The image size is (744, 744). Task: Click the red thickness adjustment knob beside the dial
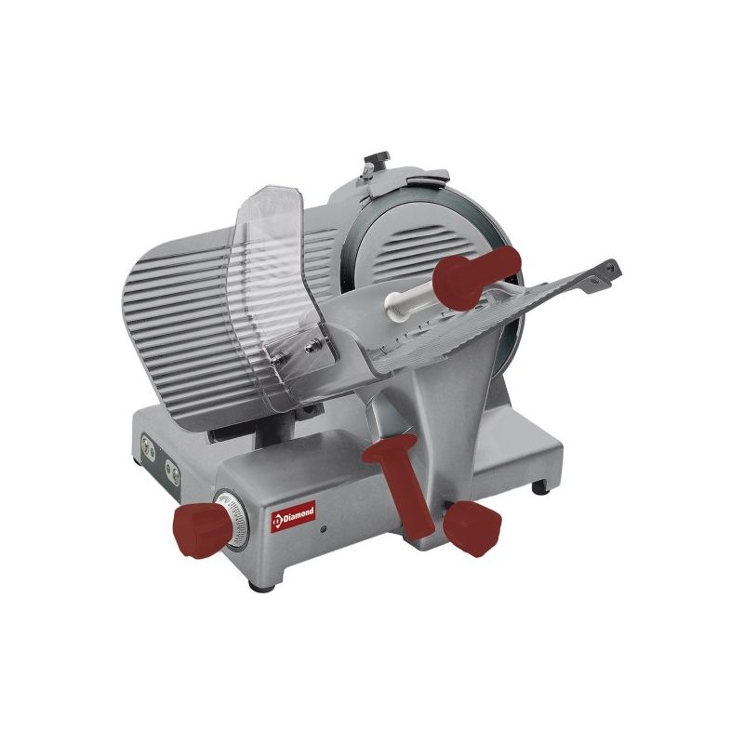click(x=200, y=531)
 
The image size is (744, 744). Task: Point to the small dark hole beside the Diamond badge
click(x=323, y=527)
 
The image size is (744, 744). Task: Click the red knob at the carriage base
click(x=472, y=528)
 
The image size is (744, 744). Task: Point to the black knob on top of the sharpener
click(x=378, y=158)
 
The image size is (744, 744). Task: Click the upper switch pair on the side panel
click(x=148, y=447)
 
